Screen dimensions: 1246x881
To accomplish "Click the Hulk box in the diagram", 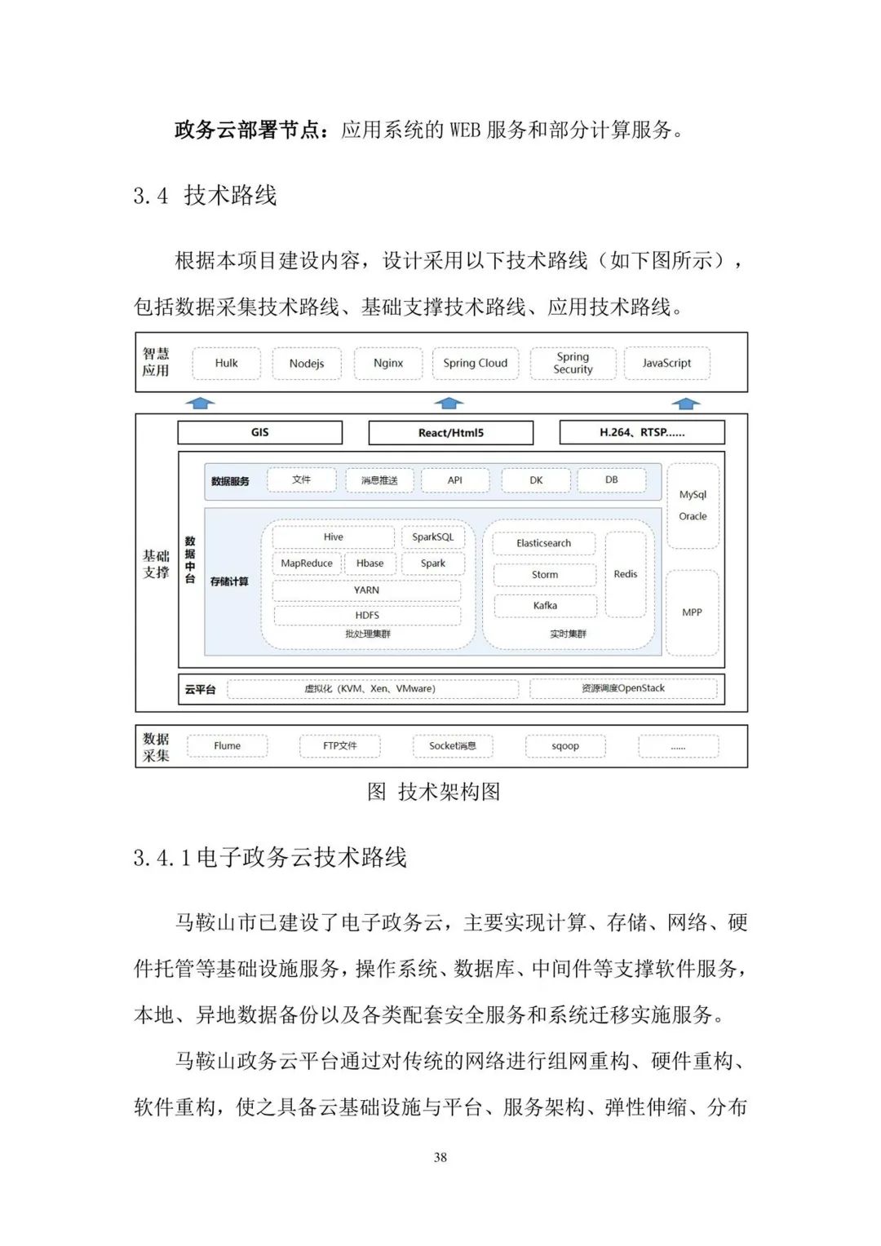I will coord(227,364).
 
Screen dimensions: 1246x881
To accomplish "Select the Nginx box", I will coord(388,364).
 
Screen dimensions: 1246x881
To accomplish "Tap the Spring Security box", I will coord(573,364).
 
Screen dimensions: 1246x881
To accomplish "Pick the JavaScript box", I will coord(666,364).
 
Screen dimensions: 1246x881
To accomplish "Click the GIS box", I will coord(259,432).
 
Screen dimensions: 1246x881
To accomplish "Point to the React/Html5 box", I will coord(450,433).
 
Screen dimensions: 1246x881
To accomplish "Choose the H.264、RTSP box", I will coord(642,432).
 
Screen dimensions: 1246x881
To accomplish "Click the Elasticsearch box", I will coord(543,543).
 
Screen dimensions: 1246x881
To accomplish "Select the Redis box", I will coord(626,574).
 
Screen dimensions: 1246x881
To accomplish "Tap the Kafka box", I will coord(545,606).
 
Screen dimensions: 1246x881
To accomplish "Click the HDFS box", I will coord(367,616).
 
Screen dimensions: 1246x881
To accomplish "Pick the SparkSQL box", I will coord(432,537).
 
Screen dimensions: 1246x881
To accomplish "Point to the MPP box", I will coord(692,612).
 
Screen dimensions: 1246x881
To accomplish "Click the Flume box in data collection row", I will coord(227,746).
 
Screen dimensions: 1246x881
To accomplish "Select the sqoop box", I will coord(565,746).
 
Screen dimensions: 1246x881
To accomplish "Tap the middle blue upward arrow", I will coord(449,403).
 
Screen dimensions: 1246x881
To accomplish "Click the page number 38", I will coord(440,1157).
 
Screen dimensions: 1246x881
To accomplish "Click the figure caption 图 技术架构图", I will coord(433,792).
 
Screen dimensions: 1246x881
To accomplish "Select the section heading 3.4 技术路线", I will coord(206,196).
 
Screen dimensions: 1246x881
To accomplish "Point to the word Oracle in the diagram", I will coord(693,516).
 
